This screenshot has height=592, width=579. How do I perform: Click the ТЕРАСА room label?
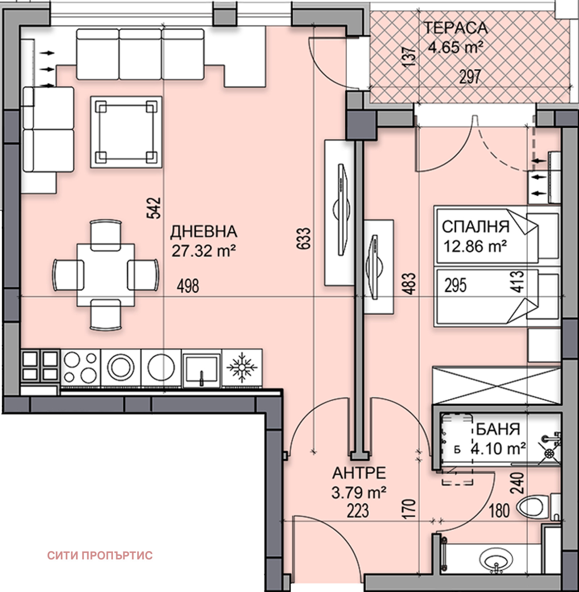[455, 28]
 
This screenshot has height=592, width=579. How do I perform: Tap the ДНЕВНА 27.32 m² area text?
[204, 251]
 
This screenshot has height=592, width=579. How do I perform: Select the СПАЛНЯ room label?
[476, 227]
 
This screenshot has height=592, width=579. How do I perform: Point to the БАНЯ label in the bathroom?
[498, 429]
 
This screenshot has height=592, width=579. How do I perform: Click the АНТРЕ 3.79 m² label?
[359, 483]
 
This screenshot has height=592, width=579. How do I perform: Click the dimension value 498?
[188, 286]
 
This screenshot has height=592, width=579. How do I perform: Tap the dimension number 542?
[153, 208]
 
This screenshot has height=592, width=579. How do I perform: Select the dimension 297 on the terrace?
[470, 77]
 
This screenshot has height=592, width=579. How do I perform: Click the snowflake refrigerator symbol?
[242, 368]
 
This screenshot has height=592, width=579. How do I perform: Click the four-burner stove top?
[80, 368]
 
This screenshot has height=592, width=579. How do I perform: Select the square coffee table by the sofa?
[126, 132]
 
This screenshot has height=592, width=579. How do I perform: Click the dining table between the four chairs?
[106, 275]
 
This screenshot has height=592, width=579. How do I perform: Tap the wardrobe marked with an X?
[496, 385]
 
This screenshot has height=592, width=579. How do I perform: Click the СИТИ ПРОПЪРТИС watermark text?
[100, 555]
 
